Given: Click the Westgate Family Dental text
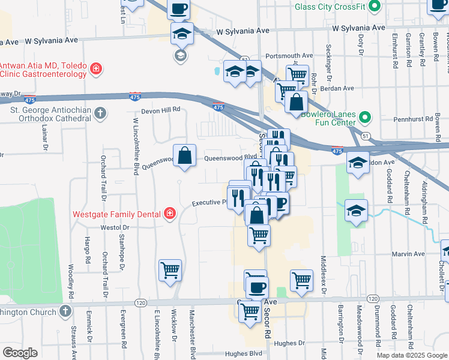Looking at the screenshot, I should click(x=117, y=214).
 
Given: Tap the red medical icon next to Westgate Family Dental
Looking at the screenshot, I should click(x=170, y=214).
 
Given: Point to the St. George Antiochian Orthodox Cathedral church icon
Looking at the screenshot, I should click(x=101, y=113).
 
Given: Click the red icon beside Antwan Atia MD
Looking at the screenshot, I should click(x=95, y=70).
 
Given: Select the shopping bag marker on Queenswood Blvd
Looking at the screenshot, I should click(x=185, y=155).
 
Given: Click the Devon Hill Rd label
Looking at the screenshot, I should click(x=161, y=110).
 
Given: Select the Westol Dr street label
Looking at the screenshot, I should click(x=115, y=228).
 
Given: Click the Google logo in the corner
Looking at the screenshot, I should click(x=20, y=353).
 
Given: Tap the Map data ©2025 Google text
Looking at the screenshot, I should click(x=411, y=355).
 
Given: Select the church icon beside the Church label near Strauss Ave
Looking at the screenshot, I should click(x=65, y=311).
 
